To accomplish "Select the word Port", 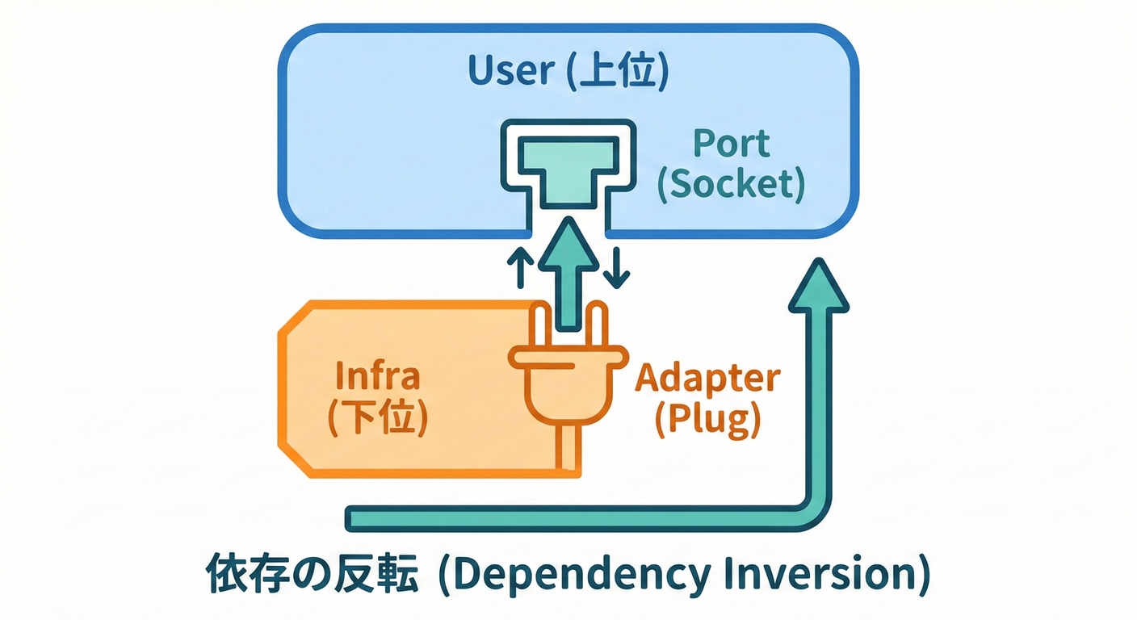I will click(732, 144).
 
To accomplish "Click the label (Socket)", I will click(731, 185).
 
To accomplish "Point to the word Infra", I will click(377, 376).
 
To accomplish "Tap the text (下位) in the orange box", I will click(377, 417).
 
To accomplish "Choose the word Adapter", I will click(708, 377).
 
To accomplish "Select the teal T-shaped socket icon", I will click(568, 170).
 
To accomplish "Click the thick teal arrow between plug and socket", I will click(568, 274).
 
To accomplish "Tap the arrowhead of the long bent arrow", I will click(818, 287).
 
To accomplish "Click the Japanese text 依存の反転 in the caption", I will click(313, 576).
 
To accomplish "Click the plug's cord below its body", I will click(568, 448).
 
